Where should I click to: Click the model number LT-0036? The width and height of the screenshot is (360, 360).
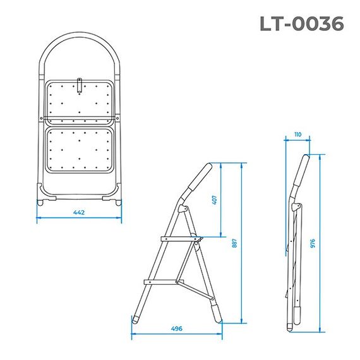(301, 23)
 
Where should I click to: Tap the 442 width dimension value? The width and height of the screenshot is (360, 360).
(78, 212)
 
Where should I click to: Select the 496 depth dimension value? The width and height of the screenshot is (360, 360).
(177, 328)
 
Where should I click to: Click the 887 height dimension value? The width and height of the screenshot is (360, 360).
(235, 243)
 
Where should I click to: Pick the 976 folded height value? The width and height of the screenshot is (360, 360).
(313, 243)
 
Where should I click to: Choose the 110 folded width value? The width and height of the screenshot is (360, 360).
(297, 135)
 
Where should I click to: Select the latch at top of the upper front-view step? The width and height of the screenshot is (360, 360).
(79, 84)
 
